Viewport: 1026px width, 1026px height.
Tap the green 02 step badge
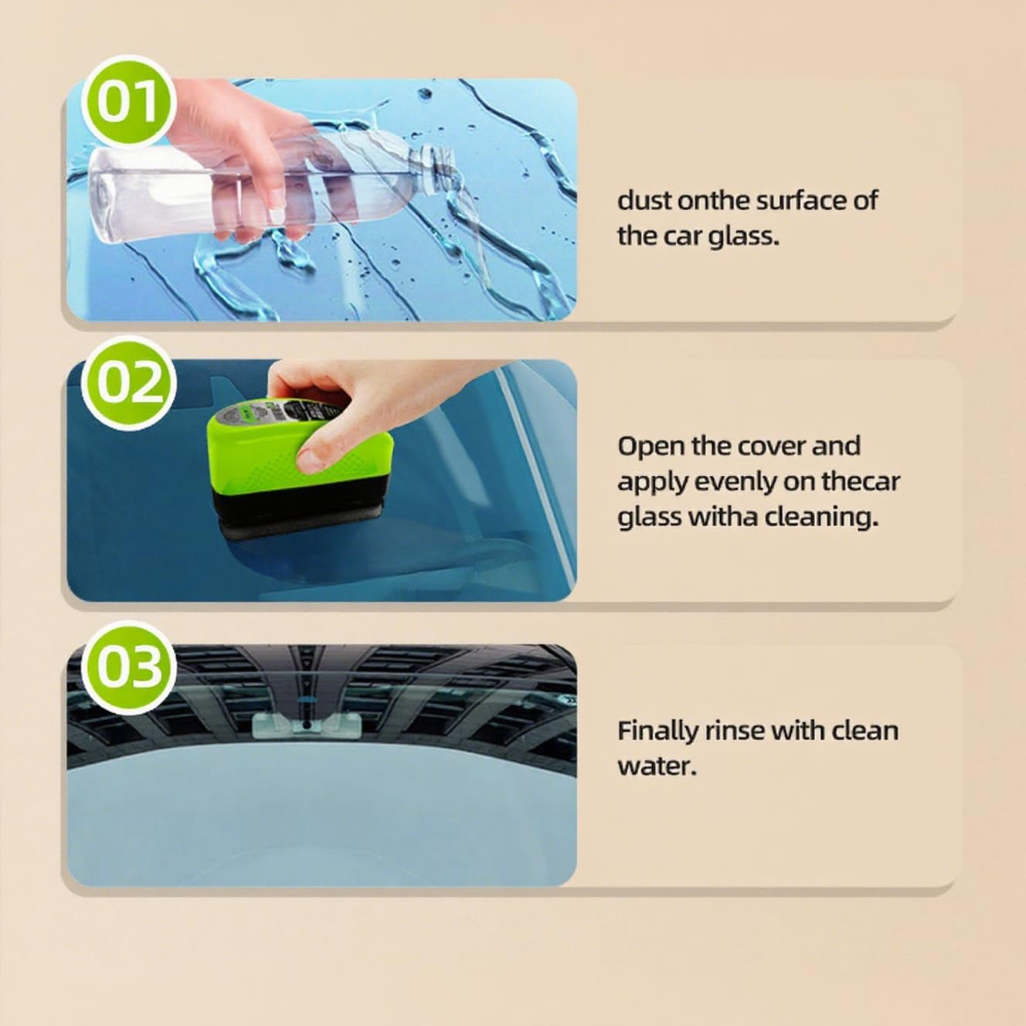coord(129,382)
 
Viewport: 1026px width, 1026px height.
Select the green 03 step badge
coord(129,666)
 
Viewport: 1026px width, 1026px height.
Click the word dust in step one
coord(644,201)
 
